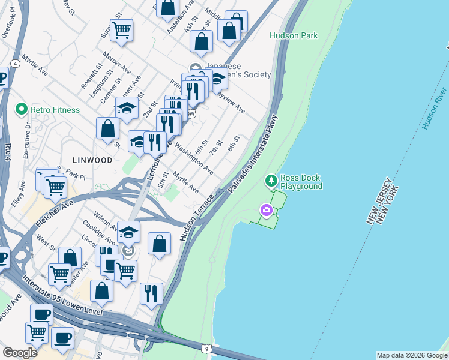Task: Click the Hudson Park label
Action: [x=294, y=36]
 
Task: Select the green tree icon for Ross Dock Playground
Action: [x=271, y=180]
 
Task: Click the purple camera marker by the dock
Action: [x=265, y=210]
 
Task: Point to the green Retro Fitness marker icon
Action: [x=22, y=110]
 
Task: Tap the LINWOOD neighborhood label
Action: [x=92, y=160]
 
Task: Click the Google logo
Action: [x=20, y=353]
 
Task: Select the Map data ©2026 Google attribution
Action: [x=411, y=355]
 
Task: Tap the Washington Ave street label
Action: [x=194, y=161]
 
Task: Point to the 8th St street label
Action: [x=234, y=143]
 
